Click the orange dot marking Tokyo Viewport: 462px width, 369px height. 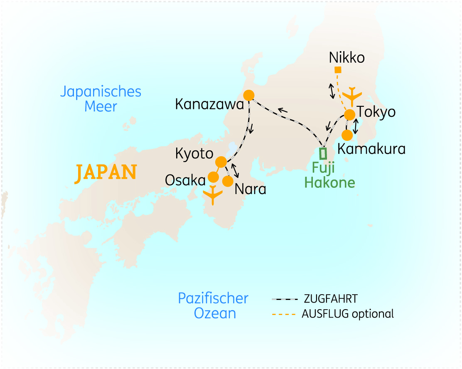(x=349, y=114)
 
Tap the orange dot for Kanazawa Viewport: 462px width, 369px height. (x=249, y=95)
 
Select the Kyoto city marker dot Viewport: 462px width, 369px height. (x=221, y=162)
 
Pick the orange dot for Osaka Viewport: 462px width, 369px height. (x=213, y=177)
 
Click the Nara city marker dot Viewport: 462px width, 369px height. (x=228, y=181)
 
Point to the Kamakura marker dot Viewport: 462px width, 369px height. (x=347, y=135)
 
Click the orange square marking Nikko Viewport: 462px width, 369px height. (x=338, y=70)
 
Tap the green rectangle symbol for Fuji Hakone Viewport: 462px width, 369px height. (x=323, y=153)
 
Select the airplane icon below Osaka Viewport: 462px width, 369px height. (x=213, y=195)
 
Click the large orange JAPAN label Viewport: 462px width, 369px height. (x=106, y=172)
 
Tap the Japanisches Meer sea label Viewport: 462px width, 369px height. (x=101, y=99)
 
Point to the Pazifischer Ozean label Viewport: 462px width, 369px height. (x=213, y=305)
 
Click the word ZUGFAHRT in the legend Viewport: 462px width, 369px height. (x=331, y=299)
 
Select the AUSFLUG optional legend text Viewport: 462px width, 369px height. (x=348, y=313)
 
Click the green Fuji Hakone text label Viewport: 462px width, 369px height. (x=329, y=175)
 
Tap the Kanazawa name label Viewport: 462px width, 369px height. (x=209, y=104)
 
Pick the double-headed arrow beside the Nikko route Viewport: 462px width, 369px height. (x=332, y=91)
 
